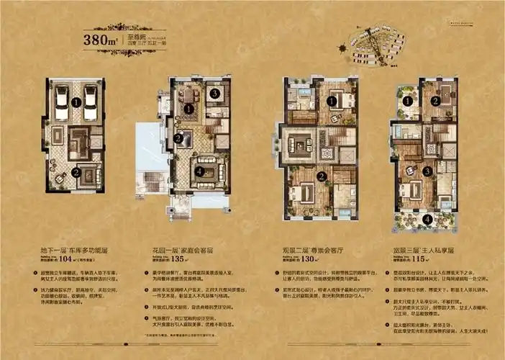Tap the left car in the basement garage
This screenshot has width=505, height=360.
coord(63,103)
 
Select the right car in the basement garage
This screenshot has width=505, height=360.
coord(90,103)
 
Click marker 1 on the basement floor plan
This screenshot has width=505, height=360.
coord(76,103)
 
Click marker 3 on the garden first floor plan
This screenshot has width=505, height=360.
coord(215,94)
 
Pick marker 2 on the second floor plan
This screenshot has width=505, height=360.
coord(324,176)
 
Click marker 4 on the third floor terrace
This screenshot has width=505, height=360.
coord(427,219)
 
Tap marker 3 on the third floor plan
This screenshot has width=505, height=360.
coord(427,171)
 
